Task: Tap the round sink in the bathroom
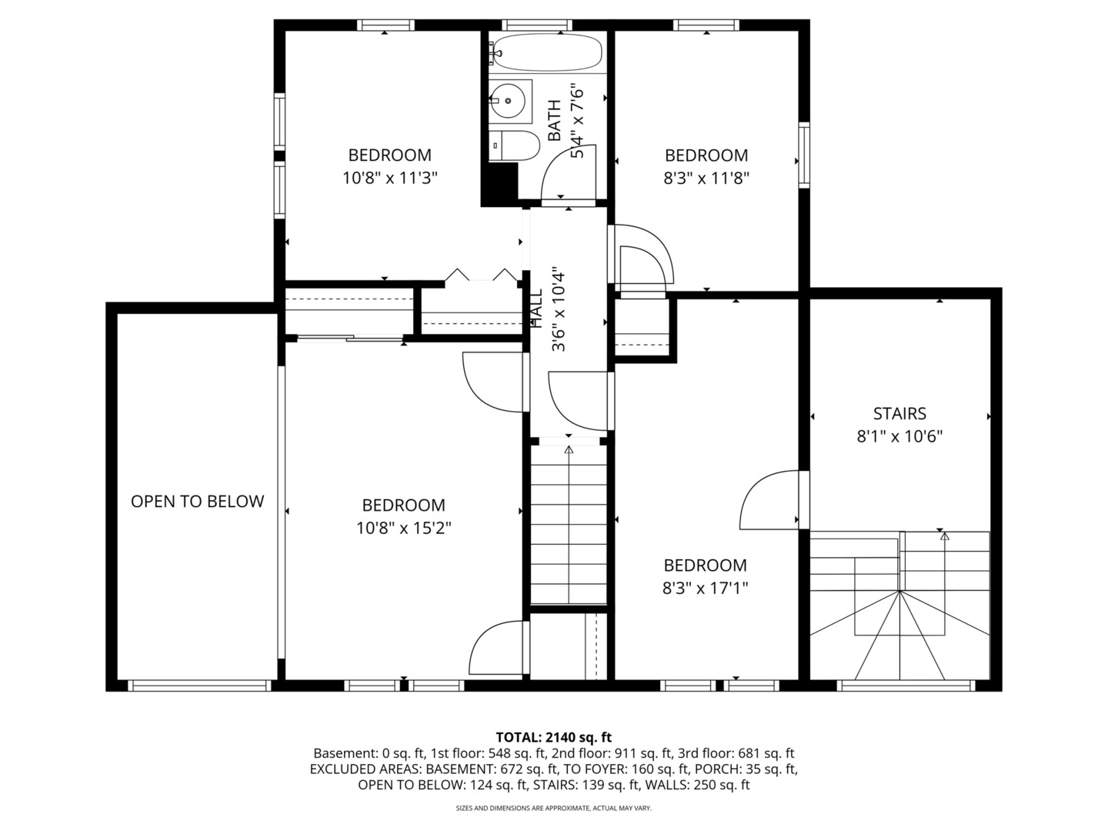509,100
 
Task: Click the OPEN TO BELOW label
197,502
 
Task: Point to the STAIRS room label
899,414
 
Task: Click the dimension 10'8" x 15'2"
403,529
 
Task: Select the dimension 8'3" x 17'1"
706,589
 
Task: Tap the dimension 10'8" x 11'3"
390,179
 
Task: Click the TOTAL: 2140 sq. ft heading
553,737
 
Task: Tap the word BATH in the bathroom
553,121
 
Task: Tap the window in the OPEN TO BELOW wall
199,685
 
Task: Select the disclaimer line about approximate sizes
553,809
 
